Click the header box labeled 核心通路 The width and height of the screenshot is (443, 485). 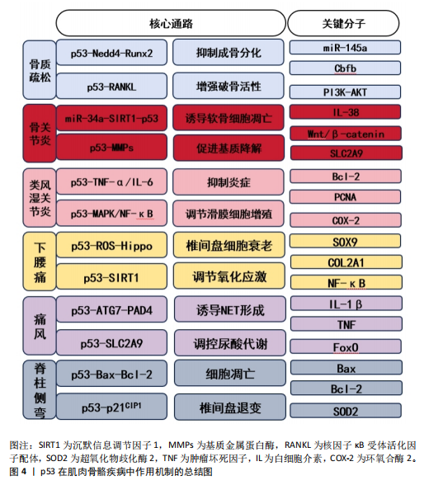point(171,23)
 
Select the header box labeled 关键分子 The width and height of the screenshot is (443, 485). point(343,23)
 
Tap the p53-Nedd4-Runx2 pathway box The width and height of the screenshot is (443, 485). point(111,53)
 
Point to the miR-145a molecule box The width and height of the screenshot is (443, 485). point(345,48)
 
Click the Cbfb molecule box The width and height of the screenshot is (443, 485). point(345,68)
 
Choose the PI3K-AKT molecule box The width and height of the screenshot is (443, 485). point(345,92)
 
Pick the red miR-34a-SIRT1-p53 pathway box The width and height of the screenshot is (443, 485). point(111,118)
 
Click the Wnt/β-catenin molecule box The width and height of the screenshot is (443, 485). point(346,134)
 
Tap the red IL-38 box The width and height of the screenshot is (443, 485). point(345,112)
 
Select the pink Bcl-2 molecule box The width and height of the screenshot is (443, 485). point(346,177)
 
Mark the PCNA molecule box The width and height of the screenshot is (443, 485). point(345,197)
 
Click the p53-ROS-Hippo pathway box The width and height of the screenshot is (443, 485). point(111,245)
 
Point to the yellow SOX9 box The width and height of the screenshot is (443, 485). point(345,241)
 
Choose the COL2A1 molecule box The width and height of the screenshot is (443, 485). point(346,262)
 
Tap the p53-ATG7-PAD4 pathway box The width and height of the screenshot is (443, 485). point(111,309)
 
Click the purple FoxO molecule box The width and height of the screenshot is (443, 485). point(346,346)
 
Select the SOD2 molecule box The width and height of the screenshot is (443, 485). point(346,411)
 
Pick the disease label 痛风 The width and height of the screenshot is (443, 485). point(40,326)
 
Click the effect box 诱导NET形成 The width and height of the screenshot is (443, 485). point(230,309)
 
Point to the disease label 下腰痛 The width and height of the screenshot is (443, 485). point(40,261)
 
